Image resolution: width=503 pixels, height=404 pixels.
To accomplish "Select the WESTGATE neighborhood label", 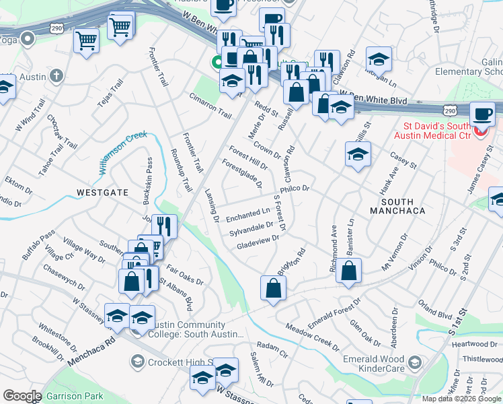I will point(102,193).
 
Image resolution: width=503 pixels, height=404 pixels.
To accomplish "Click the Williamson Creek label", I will point(122,151).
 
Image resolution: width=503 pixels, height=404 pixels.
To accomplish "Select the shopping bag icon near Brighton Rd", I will point(274,288).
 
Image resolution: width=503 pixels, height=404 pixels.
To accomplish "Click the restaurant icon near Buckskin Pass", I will point(165,226).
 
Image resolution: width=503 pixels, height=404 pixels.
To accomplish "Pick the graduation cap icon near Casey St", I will point(358,154).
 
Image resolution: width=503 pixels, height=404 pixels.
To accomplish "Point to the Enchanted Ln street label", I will point(247,215).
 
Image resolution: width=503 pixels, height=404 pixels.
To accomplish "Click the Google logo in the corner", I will point(22,396).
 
